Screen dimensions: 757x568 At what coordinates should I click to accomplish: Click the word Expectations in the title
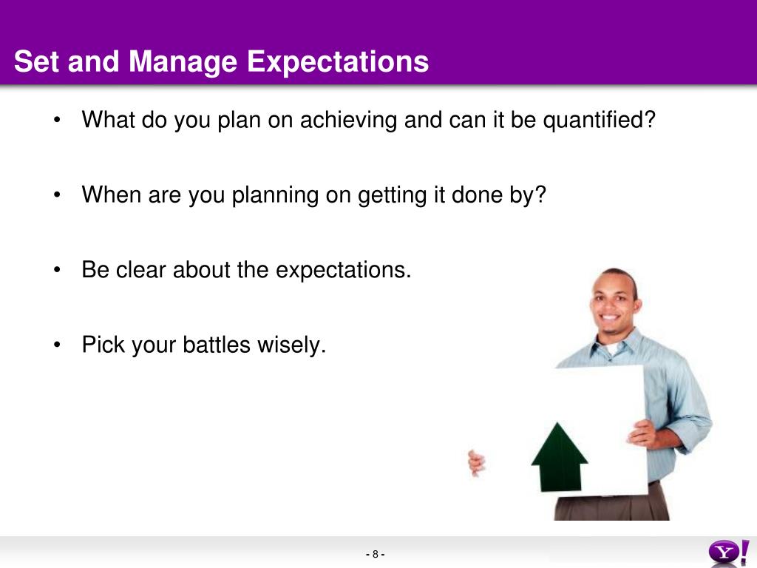pyautogui.click(x=337, y=62)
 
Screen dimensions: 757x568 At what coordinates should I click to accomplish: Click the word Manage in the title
pyautogui.click(x=183, y=62)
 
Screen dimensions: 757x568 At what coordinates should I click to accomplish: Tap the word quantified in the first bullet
pyautogui.click(x=595, y=120)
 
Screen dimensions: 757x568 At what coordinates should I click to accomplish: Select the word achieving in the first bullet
pyautogui.click(x=349, y=120)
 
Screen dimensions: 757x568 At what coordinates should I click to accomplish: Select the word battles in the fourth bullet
pyautogui.click(x=217, y=345)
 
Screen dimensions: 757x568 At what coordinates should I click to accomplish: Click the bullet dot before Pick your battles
pyautogui.click(x=57, y=345)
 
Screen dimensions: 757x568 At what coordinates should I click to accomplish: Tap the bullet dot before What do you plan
pyautogui.click(x=57, y=121)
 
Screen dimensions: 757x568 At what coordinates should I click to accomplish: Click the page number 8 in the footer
pyautogui.click(x=375, y=555)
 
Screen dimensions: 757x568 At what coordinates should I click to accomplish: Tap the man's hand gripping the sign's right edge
pyautogui.click(x=642, y=433)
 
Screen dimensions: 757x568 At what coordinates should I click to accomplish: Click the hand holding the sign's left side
pyautogui.click(x=477, y=463)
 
